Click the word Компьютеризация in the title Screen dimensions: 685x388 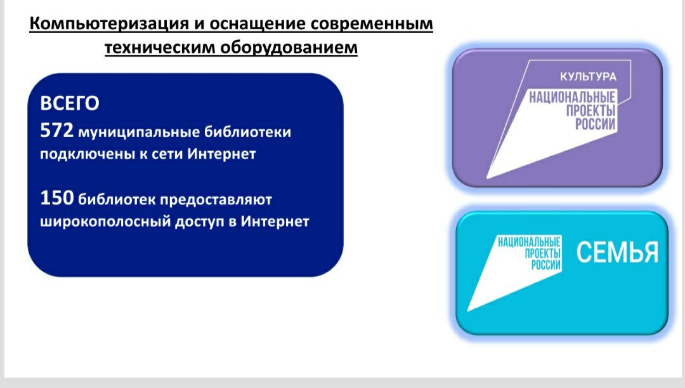(x=109, y=23)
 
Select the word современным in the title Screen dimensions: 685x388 (x=372, y=23)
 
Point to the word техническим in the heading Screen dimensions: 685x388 (x=160, y=47)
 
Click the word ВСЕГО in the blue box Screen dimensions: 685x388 (x=70, y=104)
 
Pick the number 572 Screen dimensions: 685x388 (x=57, y=130)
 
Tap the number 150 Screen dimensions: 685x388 (x=57, y=197)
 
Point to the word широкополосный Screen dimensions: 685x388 (x=105, y=222)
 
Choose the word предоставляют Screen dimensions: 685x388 (x=216, y=200)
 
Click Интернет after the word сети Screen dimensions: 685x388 (x=221, y=154)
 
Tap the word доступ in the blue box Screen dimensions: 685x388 (x=199, y=222)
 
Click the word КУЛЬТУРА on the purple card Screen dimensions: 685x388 (x=588, y=77)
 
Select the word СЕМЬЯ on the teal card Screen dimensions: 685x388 (x=617, y=252)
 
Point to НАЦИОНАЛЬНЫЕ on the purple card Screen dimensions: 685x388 (x=572, y=97)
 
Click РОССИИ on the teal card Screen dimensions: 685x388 (x=545, y=265)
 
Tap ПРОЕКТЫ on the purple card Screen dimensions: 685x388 (x=590, y=110)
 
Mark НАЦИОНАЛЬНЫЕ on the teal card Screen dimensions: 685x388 (x=529, y=242)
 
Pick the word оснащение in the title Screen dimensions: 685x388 (x=256, y=23)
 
